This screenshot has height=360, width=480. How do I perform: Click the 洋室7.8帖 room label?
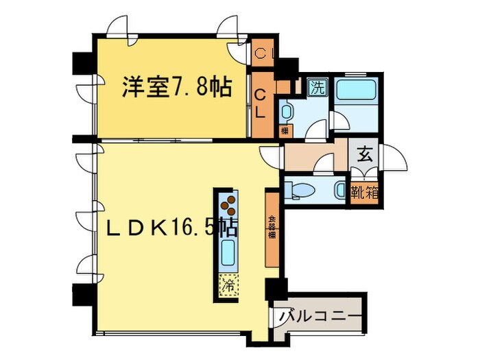176,86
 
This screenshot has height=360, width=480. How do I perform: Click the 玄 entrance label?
364,154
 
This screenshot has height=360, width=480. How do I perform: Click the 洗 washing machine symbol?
317,87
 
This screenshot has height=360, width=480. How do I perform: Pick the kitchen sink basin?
228,252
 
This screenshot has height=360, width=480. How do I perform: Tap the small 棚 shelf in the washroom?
284,130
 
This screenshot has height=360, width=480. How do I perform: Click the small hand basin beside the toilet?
341,189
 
